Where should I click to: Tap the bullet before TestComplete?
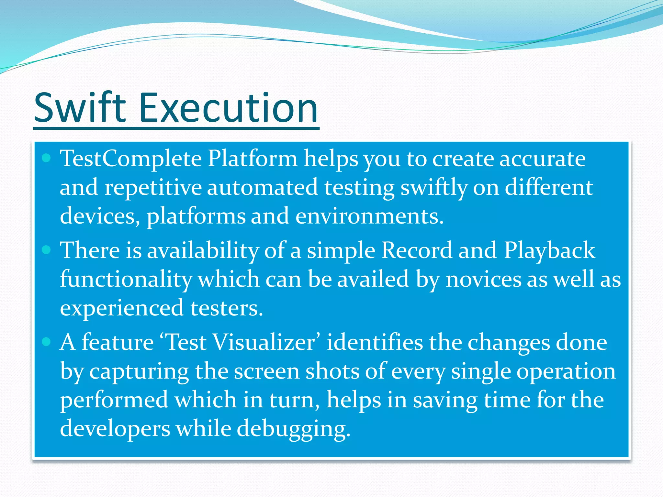click(x=47, y=158)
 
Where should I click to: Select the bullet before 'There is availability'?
click(x=47, y=250)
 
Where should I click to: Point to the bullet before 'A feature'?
click(x=47, y=342)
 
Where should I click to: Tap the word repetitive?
click(x=153, y=188)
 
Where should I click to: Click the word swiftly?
click(x=434, y=188)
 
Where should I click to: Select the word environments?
click(x=369, y=216)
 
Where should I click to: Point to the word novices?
click(x=484, y=279)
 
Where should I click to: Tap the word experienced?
click(x=122, y=308)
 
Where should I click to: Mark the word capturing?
click(x=139, y=371)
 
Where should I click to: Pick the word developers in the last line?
click(x=115, y=429)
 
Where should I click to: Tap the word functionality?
click(x=126, y=279)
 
